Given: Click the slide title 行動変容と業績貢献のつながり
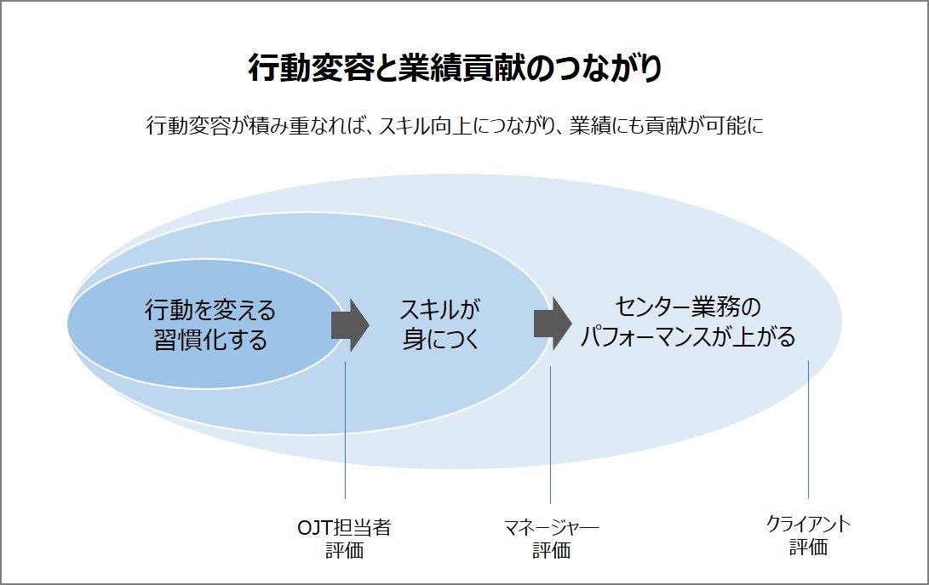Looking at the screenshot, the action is point(455,68).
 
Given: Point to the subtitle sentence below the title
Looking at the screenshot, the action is point(455,126).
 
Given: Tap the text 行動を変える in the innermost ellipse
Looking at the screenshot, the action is point(210,310).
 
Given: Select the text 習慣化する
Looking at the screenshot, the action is point(210,341).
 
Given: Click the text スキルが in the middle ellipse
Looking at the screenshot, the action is point(439,309).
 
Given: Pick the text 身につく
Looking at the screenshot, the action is point(440,338).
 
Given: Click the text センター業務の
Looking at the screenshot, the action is point(687,307).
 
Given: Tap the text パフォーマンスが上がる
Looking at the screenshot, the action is point(687,336).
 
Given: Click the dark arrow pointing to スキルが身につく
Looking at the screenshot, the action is point(350,325).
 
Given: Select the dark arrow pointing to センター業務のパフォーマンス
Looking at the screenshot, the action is point(553,324).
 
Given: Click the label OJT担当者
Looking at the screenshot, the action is point(344,527).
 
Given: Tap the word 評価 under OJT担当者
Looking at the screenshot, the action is point(344,550).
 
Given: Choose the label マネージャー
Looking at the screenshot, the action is point(551,527).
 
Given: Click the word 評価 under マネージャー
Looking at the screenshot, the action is point(551,550).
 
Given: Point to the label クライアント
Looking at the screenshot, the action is point(808,524).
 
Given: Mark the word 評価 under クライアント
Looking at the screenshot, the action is point(808,547).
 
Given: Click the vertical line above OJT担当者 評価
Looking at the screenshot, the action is point(345,430).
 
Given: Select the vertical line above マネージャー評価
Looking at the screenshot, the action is point(550,435).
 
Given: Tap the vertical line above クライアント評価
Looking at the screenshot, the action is point(808,429).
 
